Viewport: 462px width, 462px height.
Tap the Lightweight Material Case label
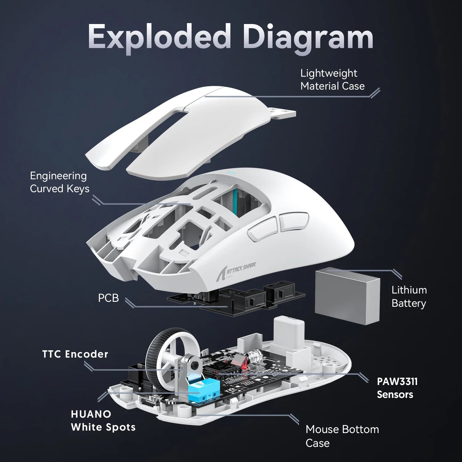coord(332,79)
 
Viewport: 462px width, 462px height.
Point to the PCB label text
coord(108,298)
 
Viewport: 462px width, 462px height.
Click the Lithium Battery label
coord(409,296)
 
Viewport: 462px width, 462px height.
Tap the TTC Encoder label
coord(75,354)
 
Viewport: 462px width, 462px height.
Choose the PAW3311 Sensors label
coord(397,388)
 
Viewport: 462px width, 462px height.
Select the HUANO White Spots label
coord(103,420)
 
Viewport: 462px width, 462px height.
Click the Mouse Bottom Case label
coord(342,436)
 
